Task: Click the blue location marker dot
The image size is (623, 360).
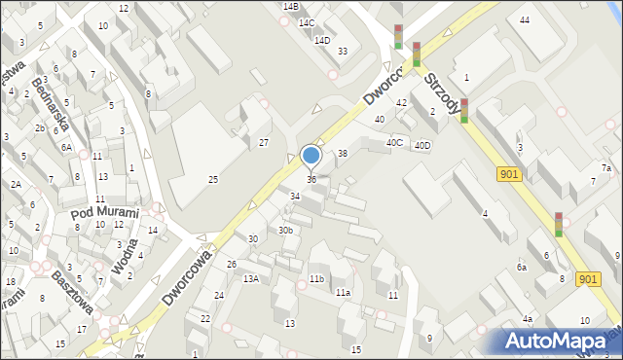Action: (x=311, y=155)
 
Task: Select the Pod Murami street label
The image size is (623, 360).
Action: (x=104, y=212)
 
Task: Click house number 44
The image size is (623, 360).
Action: (x=525, y=20)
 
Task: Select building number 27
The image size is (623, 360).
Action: (x=263, y=143)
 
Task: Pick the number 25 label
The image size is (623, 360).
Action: (x=213, y=179)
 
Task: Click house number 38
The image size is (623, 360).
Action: (x=343, y=154)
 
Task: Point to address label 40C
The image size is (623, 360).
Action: (x=394, y=142)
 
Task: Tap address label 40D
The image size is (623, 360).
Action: (x=421, y=146)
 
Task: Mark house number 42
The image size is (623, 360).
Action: (x=401, y=102)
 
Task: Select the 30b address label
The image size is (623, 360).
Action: (x=285, y=231)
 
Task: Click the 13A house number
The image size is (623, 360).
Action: (x=251, y=279)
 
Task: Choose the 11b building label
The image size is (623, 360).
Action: (x=316, y=279)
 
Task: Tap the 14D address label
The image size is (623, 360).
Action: (x=322, y=40)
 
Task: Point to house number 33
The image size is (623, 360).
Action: (x=342, y=51)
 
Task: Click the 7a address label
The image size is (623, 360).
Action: (x=605, y=168)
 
